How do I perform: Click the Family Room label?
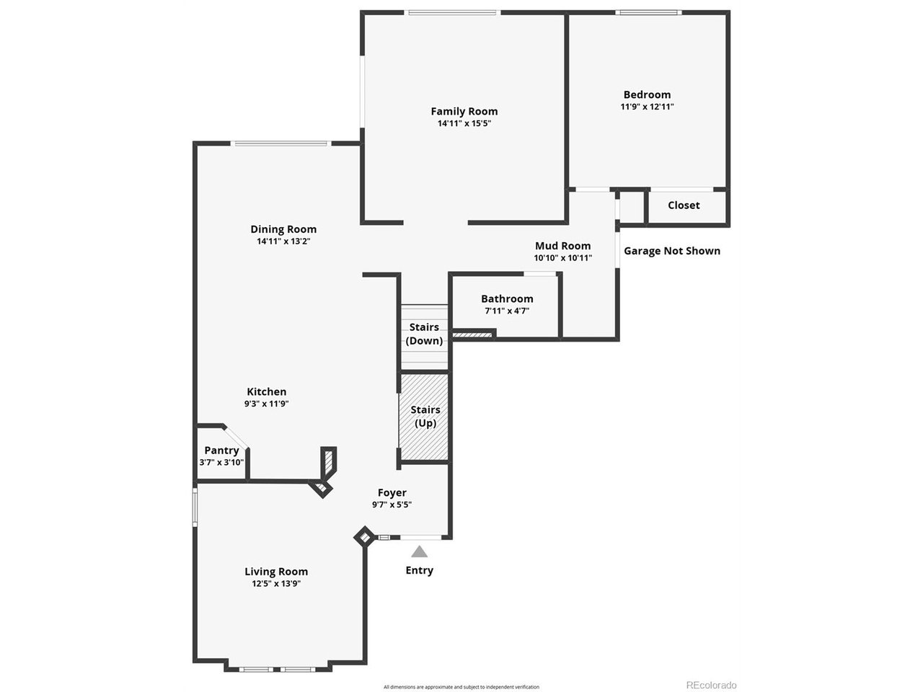(464, 111)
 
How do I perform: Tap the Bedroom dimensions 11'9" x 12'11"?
(647, 107)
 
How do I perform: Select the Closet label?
(683, 205)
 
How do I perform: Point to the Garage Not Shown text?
(671, 251)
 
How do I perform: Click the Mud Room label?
(562, 246)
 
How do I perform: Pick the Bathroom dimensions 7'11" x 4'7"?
(507, 311)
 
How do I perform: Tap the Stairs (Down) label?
(424, 334)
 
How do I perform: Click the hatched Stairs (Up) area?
(425, 416)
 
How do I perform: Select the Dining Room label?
(283, 229)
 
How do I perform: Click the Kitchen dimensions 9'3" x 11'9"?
(266, 404)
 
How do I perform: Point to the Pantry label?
(221, 451)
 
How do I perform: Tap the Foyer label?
(392, 493)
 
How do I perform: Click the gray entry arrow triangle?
(419, 551)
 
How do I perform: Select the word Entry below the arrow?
(419, 570)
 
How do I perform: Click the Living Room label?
(275, 572)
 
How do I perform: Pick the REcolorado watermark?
(711, 686)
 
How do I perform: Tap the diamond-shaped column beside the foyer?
(364, 537)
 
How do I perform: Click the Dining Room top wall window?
(280, 143)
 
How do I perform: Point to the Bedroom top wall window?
(648, 12)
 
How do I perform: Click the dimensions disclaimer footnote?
(461, 687)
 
